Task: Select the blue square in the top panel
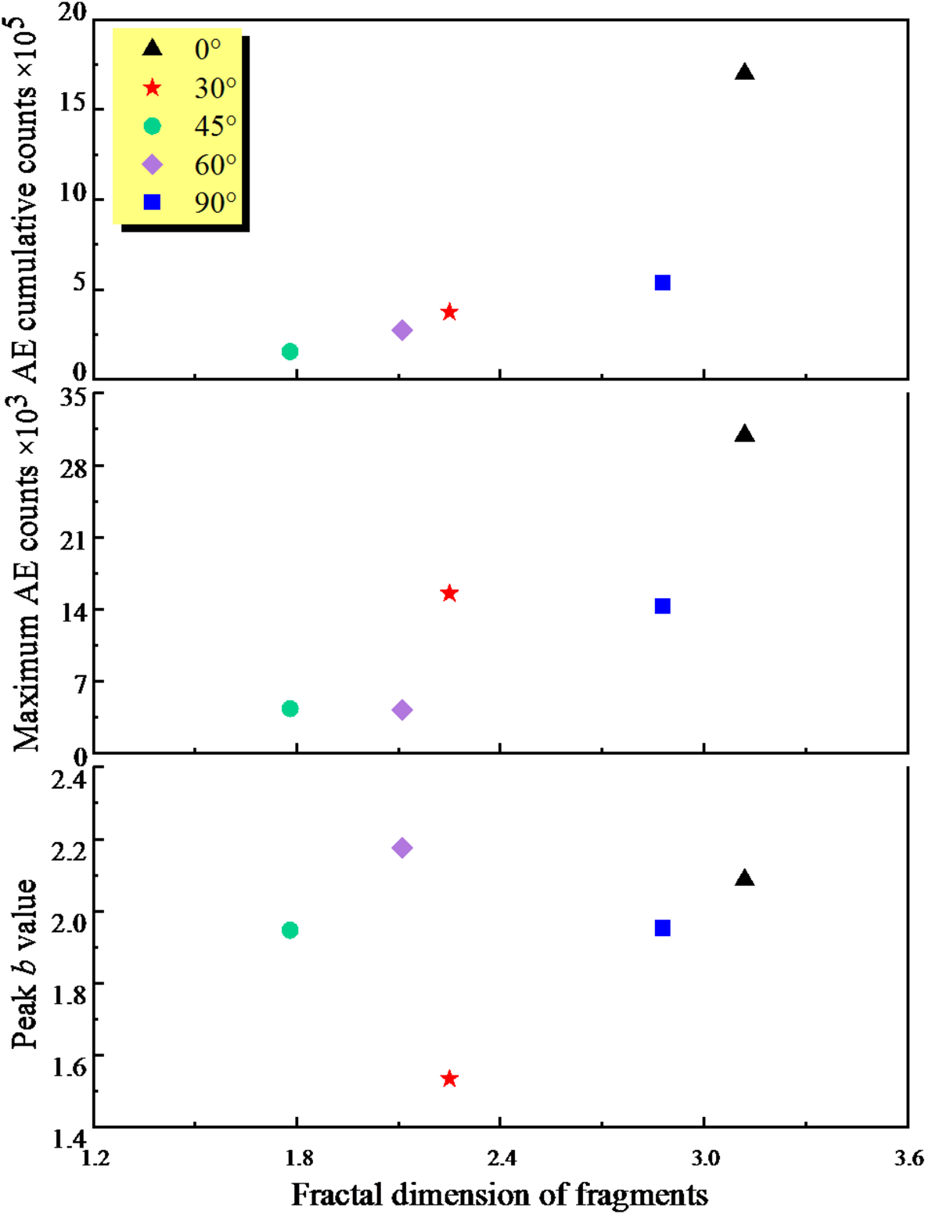(662, 283)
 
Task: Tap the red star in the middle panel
(448, 593)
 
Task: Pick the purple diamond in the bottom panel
(401, 848)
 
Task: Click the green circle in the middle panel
(290, 708)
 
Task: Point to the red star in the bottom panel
(448, 1079)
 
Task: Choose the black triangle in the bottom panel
(744, 879)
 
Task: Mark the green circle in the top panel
(290, 351)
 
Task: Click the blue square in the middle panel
(662, 606)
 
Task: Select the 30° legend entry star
(152, 88)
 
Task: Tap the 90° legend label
(215, 203)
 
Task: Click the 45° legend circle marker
(152, 126)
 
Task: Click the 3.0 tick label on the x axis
(704, 1158)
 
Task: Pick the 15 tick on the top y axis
(72, 103)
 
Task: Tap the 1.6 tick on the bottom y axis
(69, 1065)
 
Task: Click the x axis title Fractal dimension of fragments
(499, 1195)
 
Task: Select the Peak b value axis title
(23, 963)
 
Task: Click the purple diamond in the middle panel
(401, 710)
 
